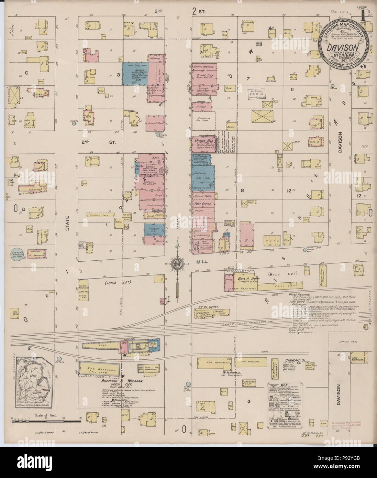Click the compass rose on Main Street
click(177, 264)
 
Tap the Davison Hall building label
click(200, 140)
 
